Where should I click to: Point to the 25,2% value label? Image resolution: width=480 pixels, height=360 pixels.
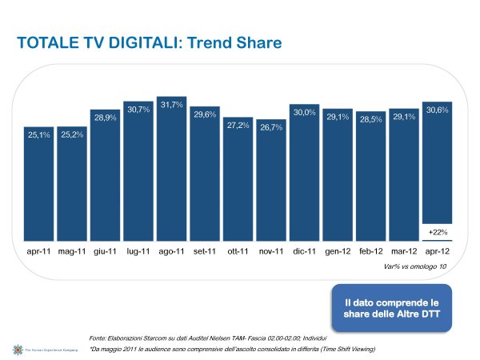(73, 134)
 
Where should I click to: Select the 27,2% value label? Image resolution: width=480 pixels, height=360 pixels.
(238, 126)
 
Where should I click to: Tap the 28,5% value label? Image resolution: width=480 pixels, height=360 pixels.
(371, 119)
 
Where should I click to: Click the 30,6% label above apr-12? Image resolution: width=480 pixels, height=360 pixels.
(437, 110)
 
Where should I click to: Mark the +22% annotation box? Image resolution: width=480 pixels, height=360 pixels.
(437, 232)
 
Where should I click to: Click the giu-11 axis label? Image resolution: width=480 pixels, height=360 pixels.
(106, 251)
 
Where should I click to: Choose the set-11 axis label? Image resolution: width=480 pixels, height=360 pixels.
(205, 251)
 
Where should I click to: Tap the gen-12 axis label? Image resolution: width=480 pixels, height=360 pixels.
(338, 251)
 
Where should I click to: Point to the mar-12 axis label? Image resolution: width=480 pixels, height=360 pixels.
(404, 251)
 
